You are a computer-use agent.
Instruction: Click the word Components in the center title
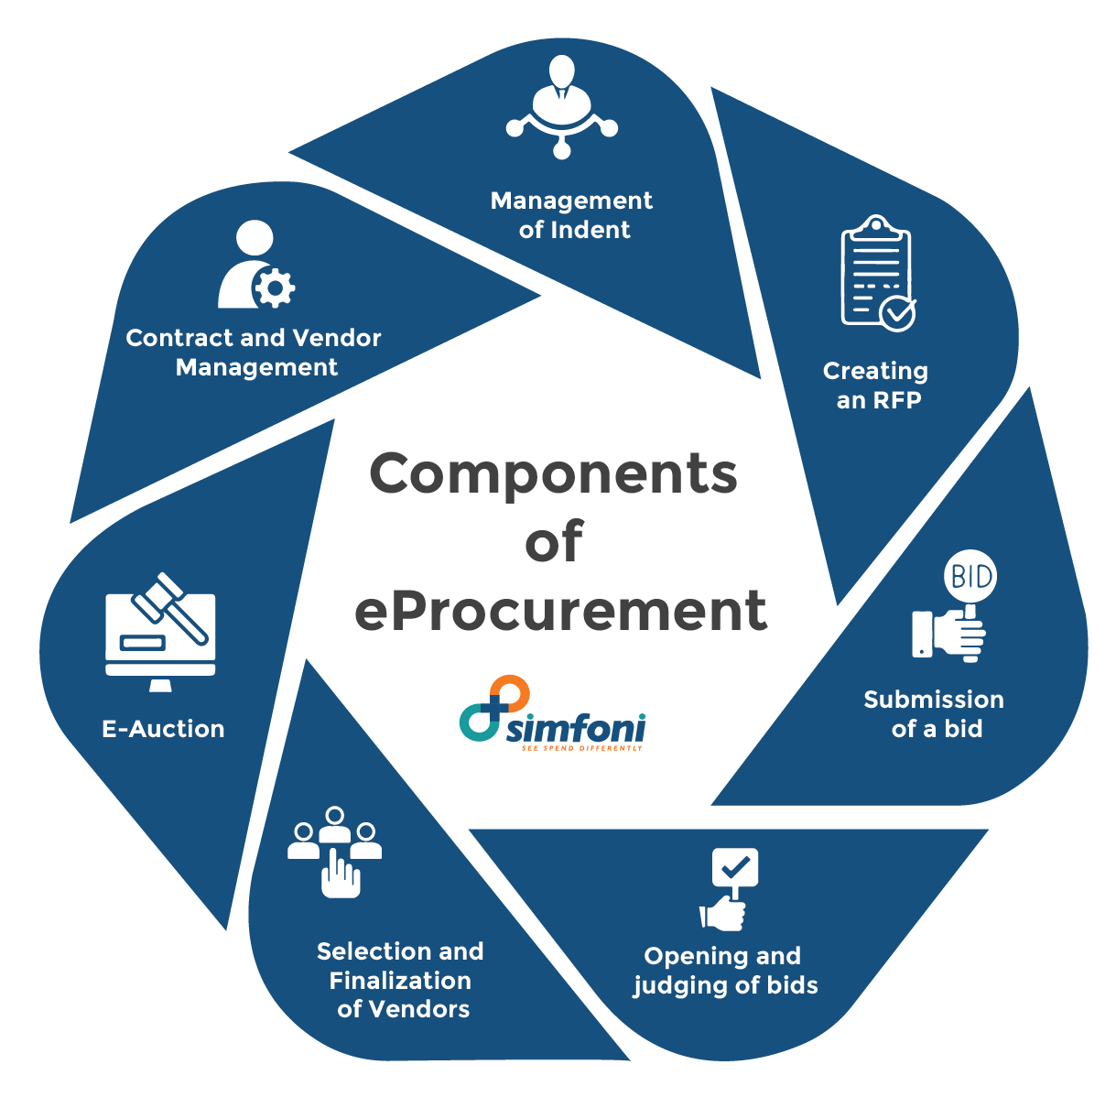(x=553, y=474)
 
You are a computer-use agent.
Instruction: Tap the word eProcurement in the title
(x=560, y=610)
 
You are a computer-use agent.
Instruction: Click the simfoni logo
(x=552, y=714)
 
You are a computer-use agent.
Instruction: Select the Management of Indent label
(x=572, y=215)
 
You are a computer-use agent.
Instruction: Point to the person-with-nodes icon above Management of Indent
(x=561, y=106)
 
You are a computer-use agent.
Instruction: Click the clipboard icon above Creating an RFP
(x=877, y=271)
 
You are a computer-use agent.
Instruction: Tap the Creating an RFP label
(x=876, y=386)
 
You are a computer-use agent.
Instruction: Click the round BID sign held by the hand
(x=970, y=577)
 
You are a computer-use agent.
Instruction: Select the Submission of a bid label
(x=934, y=714)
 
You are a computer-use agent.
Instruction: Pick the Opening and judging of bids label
(x=723, y=971)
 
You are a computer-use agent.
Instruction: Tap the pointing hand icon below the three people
(x=340, y=874)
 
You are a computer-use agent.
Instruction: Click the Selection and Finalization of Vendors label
(x=401, y=980)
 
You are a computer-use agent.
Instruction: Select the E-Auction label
(x=163, y=729)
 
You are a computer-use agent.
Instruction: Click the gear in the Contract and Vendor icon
(x=274, y=289)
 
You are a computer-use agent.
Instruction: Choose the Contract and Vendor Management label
(x=254, y=353)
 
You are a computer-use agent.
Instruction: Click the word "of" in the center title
(x=553, y=542)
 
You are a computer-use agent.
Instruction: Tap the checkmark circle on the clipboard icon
(x=896, y=312)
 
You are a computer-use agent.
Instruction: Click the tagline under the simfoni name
(x=581, y=747)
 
